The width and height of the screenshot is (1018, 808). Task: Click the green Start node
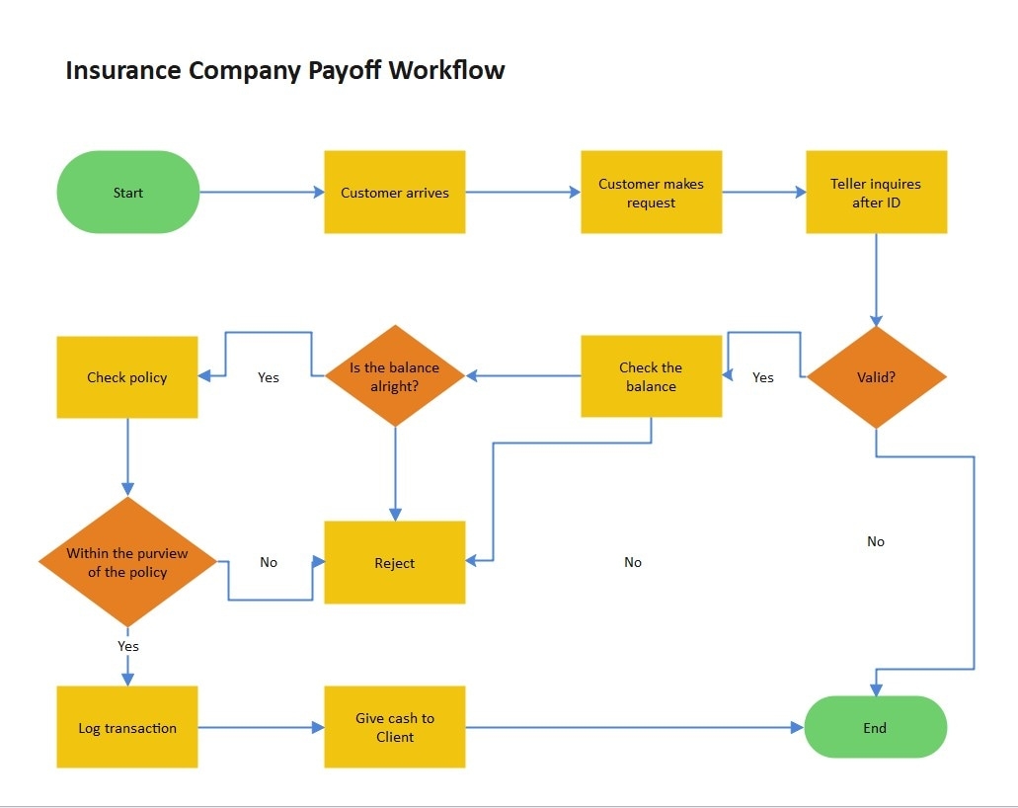pos(128,193)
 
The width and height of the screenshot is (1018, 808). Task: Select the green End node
pos(876,728)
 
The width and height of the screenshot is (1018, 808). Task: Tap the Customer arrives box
pos(395,193)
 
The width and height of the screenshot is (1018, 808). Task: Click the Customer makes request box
pos(651,193)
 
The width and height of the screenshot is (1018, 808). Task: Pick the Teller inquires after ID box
pos(876,193)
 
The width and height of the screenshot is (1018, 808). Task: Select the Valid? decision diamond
pos(876,376)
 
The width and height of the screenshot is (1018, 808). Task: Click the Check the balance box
pos(651,376)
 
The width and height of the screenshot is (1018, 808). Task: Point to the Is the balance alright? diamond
pos(395,376)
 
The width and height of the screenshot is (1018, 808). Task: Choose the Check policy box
pos(127,376)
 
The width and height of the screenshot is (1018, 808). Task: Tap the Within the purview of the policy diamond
pos(127,562)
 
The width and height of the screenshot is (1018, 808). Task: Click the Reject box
pos(395,562)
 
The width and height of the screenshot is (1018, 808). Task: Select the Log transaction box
pos(127,728)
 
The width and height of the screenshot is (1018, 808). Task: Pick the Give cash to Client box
pos(395,728)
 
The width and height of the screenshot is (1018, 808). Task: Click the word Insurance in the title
pos(123,71)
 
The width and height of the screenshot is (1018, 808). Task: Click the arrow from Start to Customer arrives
pos(262,193)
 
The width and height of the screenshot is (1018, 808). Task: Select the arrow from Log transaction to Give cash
pos(262,728)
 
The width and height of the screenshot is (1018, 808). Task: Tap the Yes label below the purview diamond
pos(128,646)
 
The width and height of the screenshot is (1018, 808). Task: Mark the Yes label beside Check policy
pos(269,377)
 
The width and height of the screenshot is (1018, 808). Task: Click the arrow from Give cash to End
pos(632,728)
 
